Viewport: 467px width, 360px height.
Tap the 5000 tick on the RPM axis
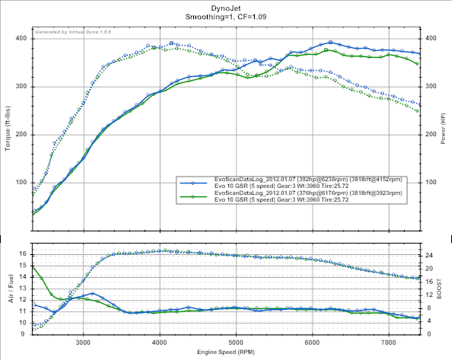pyautogui.click(x=236, y=342)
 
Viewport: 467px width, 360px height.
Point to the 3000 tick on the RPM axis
pyautogui.click(x=84, y=342)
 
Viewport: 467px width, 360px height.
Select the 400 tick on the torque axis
pyautogui.click(x=22, y=38)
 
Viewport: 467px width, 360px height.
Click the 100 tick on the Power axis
pyautogui.click(x=430, y=183)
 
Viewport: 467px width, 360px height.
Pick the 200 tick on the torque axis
pyautogui.click(x=22, y=135)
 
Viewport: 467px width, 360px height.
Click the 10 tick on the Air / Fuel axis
pyautogui.click(x=23, y=323)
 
